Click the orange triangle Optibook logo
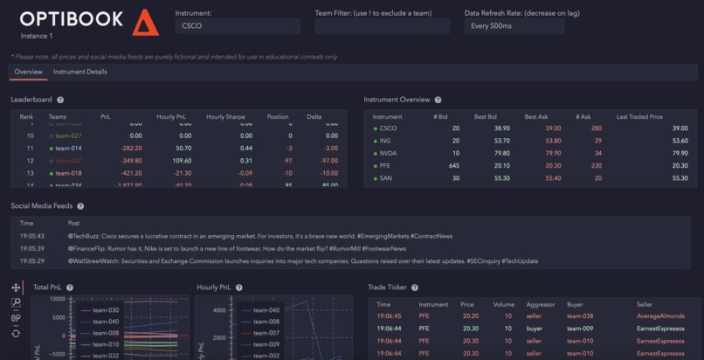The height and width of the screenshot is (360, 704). click(146, 23)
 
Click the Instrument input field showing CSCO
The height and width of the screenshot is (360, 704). click(237, 26)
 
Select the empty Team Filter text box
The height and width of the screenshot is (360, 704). click(382, 26)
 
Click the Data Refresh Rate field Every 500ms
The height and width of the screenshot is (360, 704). click(514, 26)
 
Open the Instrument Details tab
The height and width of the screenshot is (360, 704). click(80, 72)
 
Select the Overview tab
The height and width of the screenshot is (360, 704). click(28, 72)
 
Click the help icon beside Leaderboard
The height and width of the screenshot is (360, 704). click(60, 100)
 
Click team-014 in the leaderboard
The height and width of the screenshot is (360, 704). click(68, 149)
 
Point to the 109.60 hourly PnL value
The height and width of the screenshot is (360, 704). click(183, 161)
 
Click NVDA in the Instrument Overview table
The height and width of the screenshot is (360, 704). click(388, 153)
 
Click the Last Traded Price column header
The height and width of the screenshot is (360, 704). click(639, 116)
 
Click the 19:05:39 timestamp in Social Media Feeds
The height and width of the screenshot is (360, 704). click(32, 248)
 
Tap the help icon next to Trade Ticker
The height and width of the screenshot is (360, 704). click(415, 287)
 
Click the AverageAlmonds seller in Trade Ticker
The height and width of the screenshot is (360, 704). click(660, 316)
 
